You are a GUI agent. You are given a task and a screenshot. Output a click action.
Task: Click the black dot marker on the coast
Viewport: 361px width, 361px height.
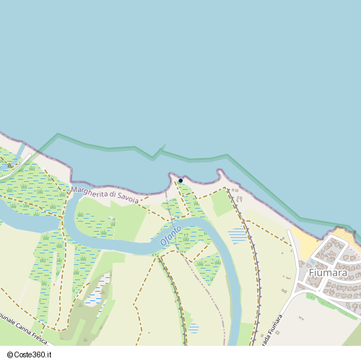180,180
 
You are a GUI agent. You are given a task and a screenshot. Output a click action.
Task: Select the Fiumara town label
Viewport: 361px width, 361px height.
327,274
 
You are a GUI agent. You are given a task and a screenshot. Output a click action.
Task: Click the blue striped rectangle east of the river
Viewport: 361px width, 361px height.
237,235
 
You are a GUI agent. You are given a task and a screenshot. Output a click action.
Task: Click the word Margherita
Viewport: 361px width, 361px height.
90,192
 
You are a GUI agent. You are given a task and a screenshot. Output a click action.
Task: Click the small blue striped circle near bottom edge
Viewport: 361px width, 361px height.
193,329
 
